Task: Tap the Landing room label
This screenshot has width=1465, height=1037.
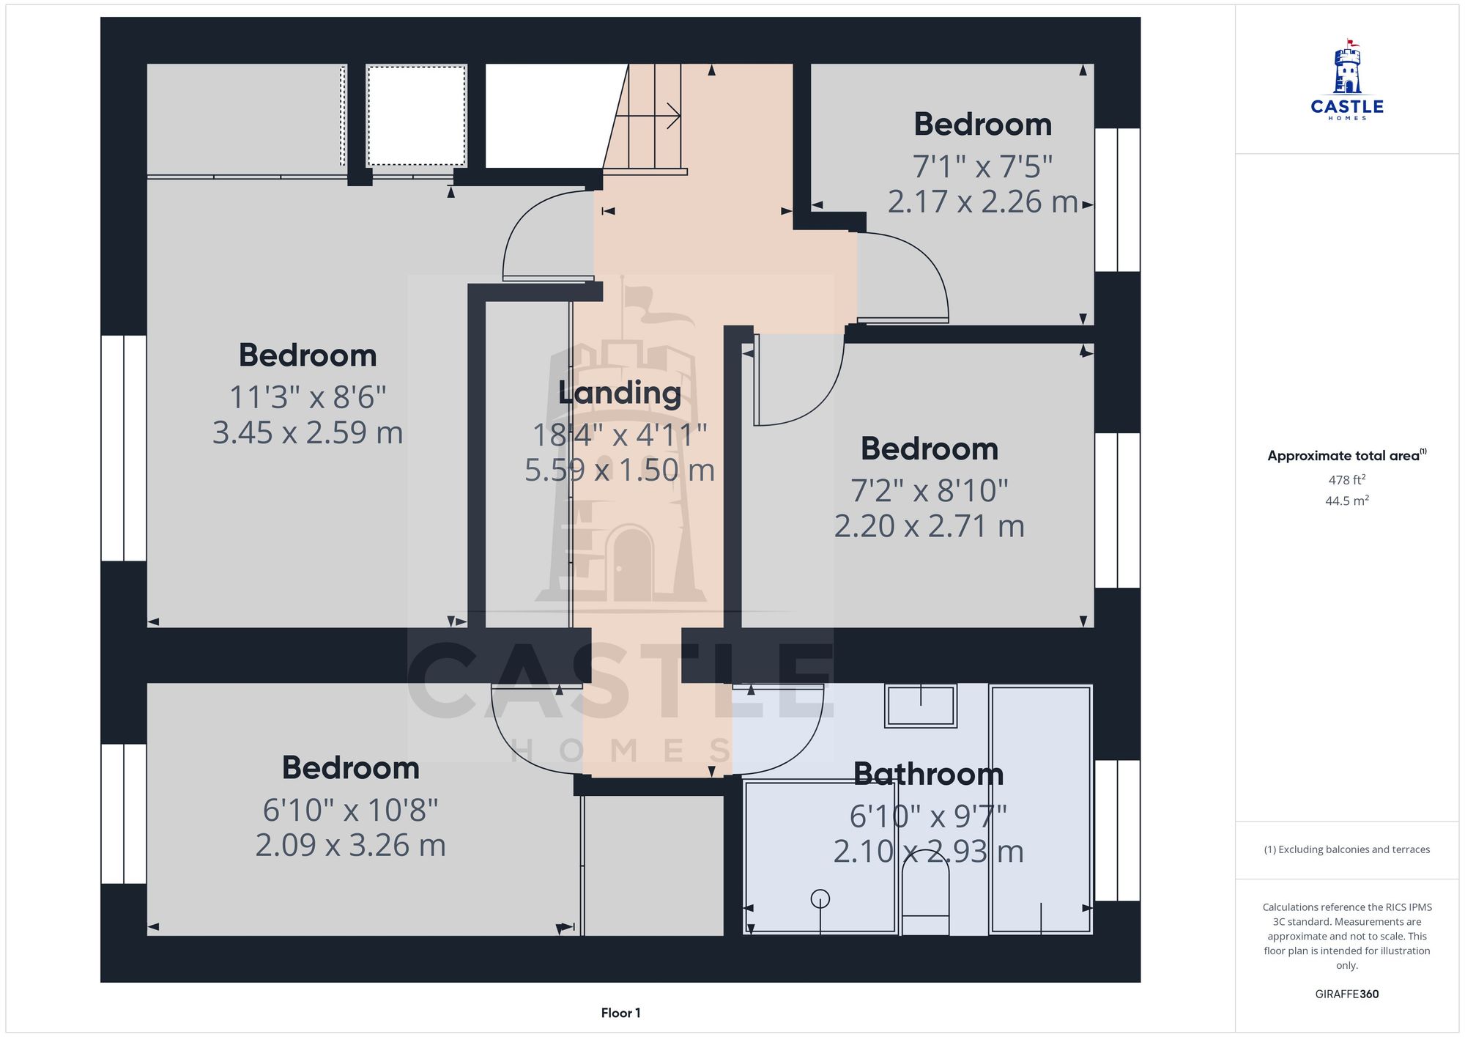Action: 620,393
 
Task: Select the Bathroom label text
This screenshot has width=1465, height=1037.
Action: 928,774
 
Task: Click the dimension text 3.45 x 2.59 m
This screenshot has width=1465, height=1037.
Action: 308,432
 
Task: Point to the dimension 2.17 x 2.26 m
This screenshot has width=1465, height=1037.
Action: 982,202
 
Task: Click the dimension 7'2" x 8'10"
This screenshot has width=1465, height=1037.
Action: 929,490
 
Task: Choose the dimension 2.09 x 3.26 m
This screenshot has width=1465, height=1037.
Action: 350,845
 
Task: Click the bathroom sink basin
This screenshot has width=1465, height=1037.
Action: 921,705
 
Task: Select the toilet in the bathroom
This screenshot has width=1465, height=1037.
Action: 925,898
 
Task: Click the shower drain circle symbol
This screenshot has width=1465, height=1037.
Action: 820,898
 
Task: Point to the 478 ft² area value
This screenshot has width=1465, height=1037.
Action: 1346,480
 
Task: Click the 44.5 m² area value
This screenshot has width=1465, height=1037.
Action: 1346,501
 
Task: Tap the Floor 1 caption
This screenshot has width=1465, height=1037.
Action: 620,1013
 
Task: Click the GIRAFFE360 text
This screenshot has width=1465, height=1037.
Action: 1346,994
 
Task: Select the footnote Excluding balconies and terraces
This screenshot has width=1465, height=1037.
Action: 1346,849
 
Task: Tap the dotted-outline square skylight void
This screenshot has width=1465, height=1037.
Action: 416,116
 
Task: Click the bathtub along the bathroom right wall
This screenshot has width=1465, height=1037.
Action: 1040,810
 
